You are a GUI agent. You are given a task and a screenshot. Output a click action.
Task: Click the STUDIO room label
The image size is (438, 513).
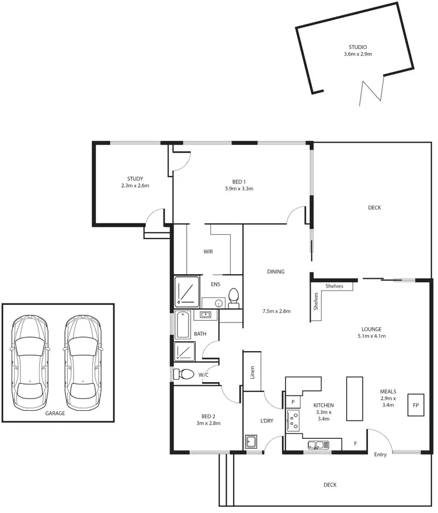357,47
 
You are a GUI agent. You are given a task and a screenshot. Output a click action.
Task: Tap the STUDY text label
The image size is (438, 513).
135,179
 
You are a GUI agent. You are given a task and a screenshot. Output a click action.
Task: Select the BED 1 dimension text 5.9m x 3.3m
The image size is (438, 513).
239,189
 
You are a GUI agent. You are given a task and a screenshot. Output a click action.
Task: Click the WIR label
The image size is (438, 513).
208,252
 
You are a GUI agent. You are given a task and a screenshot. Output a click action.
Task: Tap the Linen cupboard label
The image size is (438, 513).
252,372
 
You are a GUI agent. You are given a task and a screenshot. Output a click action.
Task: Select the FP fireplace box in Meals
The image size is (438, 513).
416,404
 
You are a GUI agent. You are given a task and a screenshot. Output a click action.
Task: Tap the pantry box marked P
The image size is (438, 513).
291,401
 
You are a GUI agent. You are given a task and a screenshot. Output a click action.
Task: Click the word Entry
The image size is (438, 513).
380,455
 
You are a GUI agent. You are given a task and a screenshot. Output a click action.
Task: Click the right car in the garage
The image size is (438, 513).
82,362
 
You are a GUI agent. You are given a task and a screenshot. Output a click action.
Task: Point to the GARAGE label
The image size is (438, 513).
55,413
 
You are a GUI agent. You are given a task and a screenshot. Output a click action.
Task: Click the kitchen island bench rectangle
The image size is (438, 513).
354,398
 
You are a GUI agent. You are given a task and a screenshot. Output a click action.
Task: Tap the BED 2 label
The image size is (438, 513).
207,416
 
